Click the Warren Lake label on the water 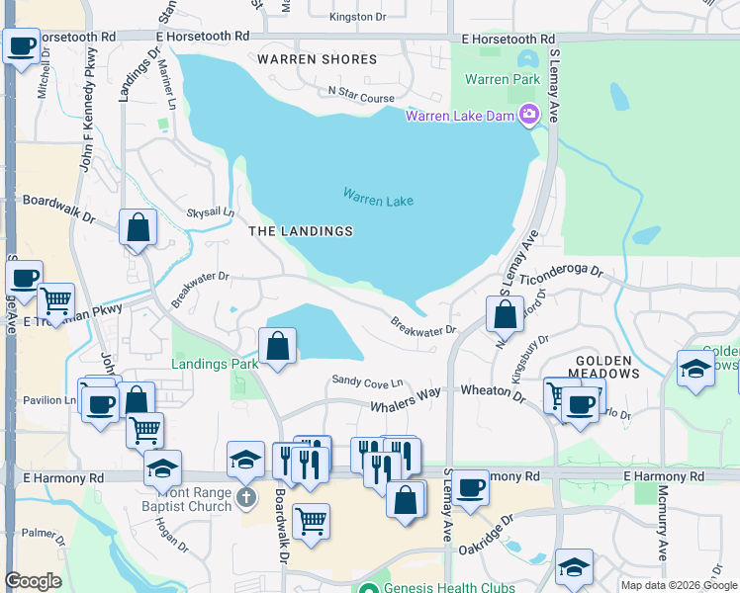click(378, 199)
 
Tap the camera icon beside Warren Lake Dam click(529, 116)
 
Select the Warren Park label click(501, 78)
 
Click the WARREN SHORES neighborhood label click(317, 59)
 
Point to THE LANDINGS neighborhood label click(300, 231)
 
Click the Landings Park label click(215, 364)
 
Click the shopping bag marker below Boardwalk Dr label click(139, 227)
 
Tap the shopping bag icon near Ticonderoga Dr click(505, 315)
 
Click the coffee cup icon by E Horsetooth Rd click(21, 45)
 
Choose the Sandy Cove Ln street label click(367, 381)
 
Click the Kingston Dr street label click(357, 17)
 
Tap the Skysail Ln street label click(211, 212)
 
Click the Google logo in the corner click(33, 580)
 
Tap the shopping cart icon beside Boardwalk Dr click(311, 520)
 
